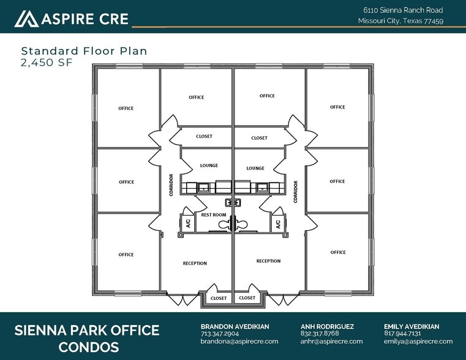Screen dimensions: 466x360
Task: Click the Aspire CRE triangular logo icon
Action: (x=26, y=19)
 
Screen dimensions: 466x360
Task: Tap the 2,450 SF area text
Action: (x=47, y=62)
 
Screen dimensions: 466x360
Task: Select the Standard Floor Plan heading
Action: (x=84, y=51)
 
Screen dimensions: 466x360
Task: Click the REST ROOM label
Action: (x=213, y=215)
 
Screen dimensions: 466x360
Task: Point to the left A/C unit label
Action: (x=188, y=223)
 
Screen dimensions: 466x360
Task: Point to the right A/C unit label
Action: (x=278, y=224)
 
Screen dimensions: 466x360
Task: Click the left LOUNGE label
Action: (x=209, y=165)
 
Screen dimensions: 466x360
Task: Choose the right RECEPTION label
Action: (x=268, y=261)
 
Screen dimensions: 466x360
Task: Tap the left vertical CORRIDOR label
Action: (x=171, y=185)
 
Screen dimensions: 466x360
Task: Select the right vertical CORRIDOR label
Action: (x=295, y=192)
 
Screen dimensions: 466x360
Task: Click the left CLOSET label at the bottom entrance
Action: (x=219, y=298)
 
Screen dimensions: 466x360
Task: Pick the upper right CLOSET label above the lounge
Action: (x=259, y=138)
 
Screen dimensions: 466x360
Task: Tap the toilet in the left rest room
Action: (x=226, y=224)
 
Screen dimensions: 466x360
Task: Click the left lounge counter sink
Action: (x=203, y=188)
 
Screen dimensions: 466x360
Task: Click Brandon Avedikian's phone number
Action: (x=220, y=334)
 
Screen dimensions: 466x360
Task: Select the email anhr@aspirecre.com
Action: (x=331, y=341)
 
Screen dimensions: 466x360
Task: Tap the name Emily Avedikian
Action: (x=412, y=326)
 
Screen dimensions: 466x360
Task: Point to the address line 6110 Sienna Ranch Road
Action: (x=403, y=10)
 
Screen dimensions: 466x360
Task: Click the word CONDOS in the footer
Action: (x=89, y=347)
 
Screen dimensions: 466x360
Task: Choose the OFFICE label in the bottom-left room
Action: (x=126, y=255)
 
